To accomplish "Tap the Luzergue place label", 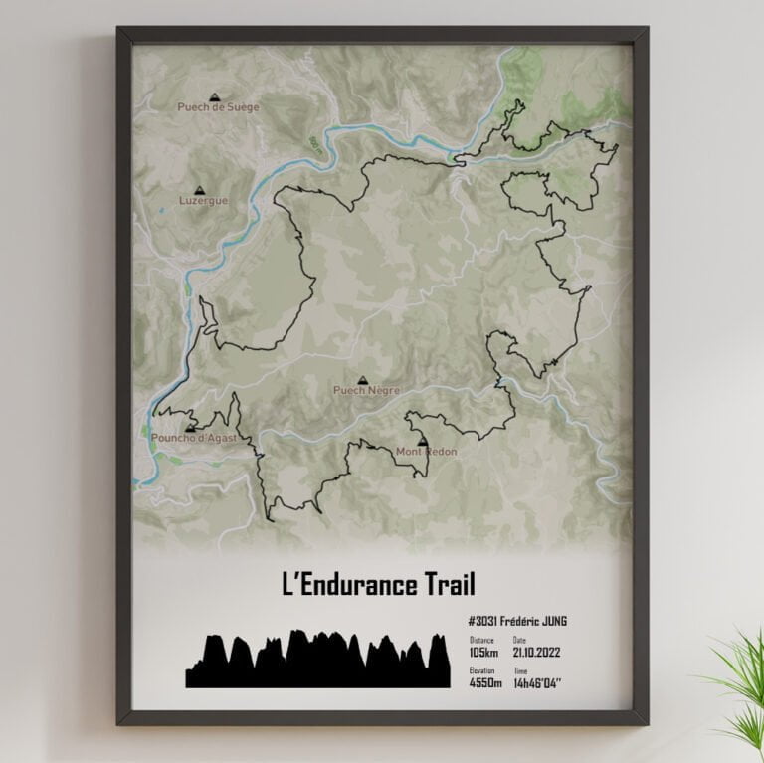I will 203,200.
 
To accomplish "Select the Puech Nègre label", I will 365,391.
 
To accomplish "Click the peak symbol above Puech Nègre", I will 362,379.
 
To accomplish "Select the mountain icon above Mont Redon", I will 422,441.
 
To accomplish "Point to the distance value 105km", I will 483,653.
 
